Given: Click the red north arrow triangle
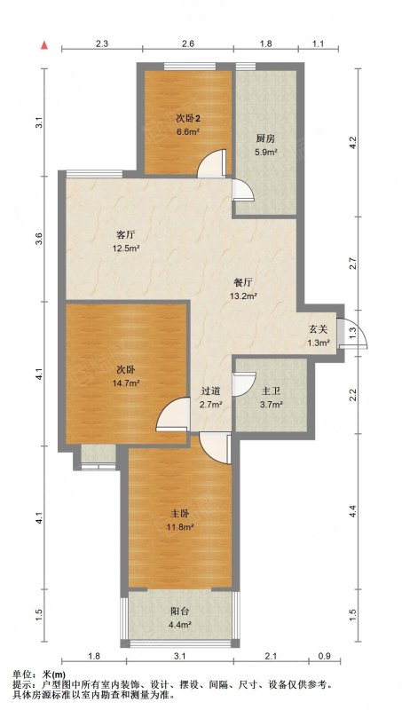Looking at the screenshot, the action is (x=44, y=45).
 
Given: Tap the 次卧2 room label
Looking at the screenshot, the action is (x=188, y=119).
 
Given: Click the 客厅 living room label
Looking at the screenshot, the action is (x=126, y=235).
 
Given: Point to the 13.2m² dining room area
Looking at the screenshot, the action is (x=245, y=296).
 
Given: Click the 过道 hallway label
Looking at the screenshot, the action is (x=210, y=390).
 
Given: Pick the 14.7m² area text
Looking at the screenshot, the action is (x=126, y=383).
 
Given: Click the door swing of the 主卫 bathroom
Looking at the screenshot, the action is (x=244, y=384).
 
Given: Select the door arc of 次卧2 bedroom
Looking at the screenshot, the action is (x=211, y=163).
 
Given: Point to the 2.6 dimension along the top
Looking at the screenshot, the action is (x=188, y=43).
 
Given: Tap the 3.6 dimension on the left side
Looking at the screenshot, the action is (x=39, y=239).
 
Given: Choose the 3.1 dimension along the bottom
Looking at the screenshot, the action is (x=180, y=655).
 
